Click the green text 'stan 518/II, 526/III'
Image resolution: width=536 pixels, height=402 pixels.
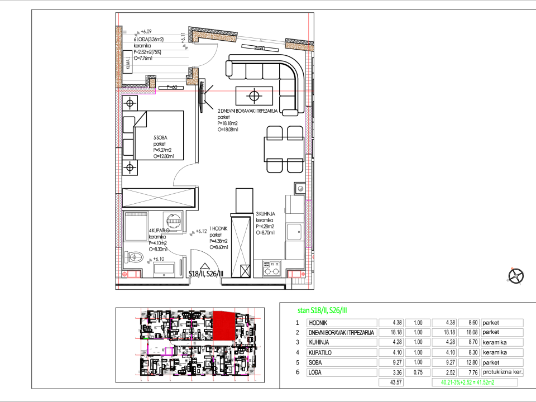322,310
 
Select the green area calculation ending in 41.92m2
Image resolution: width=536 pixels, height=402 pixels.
467,382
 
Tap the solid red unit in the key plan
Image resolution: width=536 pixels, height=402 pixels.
224,326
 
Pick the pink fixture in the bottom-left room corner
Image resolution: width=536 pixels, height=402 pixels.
132,274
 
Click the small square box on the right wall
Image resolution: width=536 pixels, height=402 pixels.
300,189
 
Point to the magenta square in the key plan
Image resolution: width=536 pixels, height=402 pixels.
168,351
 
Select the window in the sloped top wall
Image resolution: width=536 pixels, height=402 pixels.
260,40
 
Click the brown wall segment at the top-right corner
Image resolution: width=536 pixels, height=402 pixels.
299,47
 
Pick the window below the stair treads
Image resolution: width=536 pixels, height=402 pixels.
171,80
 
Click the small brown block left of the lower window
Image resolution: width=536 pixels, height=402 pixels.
152,83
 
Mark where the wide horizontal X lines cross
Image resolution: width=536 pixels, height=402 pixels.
159,197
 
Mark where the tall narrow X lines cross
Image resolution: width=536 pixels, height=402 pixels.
241,247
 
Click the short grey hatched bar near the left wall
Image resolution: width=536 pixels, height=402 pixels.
136,214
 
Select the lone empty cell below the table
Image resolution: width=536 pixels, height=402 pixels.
391,382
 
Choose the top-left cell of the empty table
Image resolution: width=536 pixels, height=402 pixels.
342,323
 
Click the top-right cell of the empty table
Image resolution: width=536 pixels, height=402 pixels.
502,323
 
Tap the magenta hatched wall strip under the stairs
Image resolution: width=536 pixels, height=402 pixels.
138,91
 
